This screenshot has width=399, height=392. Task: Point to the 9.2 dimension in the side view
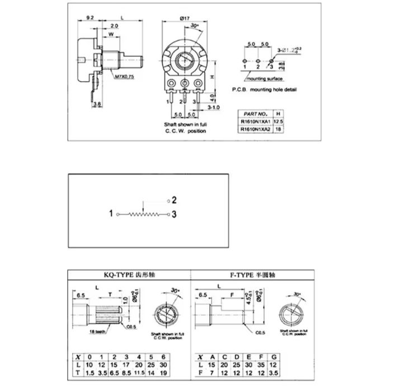tap(90, 18)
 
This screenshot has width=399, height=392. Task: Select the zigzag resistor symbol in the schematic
tap(143, 214)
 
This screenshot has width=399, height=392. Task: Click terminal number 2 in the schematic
tap(174, 199)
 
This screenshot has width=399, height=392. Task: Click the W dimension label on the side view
tap(110, 35)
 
